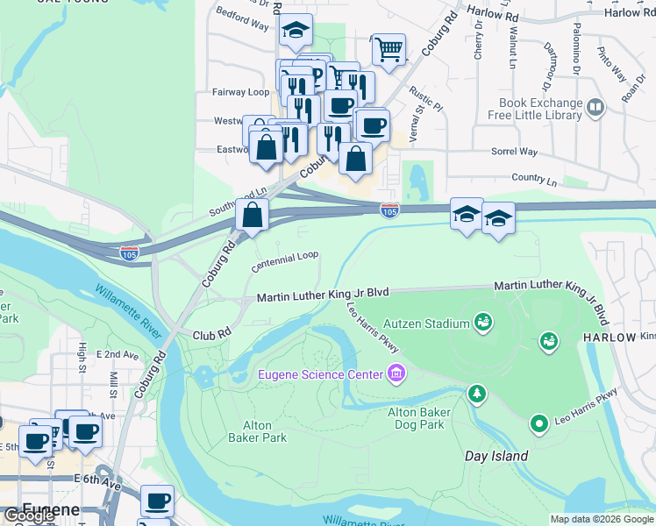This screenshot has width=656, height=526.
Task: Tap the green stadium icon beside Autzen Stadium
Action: [x=483, y=323]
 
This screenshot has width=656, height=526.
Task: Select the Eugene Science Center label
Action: [x=320, y=375]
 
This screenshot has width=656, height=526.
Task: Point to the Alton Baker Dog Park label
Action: [x=419, y=418]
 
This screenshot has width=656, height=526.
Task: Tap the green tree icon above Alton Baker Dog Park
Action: [x=476, y=394]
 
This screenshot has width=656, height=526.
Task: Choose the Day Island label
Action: [x=496, y=456]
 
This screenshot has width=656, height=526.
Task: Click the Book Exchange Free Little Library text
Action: [x=535, y=109]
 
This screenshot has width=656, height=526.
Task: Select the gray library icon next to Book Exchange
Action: [x=595, y=108]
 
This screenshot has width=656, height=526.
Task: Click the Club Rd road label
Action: [x=211, y=335]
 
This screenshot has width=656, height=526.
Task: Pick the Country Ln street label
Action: [x=534, y=179]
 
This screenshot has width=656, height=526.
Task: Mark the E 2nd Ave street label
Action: [x=118, y=355]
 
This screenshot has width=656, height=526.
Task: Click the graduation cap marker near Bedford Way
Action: [x=296, y=31]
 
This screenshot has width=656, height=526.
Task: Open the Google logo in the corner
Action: [x=30, y=515]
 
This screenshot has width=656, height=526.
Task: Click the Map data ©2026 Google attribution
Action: [x=601, y=519]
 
